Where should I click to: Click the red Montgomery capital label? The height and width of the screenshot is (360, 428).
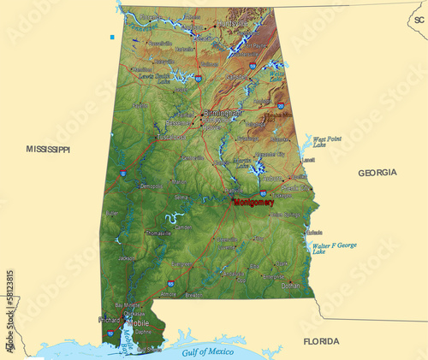[254, 203]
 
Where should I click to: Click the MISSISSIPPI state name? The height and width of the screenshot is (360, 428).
[48, 149]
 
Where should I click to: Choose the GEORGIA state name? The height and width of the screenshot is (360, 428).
[377, 173]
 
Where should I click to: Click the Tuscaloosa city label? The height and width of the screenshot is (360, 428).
[170, 136]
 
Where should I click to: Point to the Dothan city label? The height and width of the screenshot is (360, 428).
[292, 285]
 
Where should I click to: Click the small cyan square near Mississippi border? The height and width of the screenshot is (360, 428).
[111, 37]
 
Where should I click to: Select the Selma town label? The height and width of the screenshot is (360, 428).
[181, 197]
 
